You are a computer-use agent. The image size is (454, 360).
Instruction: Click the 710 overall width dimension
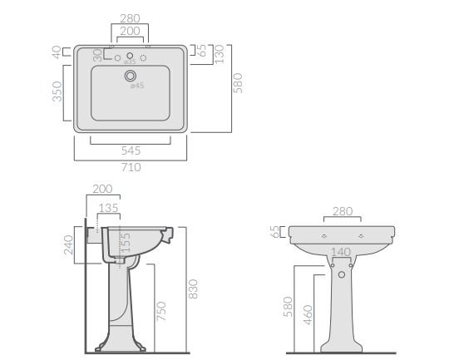(x=131, y=166)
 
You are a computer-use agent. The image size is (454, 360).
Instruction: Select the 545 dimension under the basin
(x=131, y=151)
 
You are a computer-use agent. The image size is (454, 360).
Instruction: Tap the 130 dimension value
(x=220, y=54)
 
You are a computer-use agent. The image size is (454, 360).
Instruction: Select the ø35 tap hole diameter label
(x=130, y=63)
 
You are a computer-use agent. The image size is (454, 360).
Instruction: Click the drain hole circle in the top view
(x=130, y=76)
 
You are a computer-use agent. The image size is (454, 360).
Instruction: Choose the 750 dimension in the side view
(x=162, y=311)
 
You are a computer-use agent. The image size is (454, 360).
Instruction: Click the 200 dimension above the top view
(x=129, y=30)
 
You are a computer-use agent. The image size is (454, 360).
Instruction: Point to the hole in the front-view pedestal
(x=340, y=274)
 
